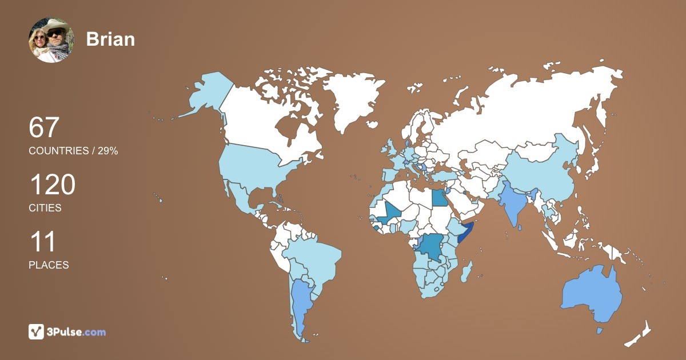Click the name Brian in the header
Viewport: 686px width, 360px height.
pos(110,39)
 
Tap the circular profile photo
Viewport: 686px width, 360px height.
pos(51,40)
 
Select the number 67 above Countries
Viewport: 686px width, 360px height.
pos(44,127)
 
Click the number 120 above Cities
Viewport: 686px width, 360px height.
pos(52,186)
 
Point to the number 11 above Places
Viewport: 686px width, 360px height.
pos(43,242)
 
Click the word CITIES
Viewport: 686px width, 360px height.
pos(45,208)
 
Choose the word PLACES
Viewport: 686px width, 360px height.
pos(49,265)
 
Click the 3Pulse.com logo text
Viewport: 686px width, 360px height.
pos(77,332)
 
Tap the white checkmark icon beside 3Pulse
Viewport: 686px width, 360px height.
pos(37,332)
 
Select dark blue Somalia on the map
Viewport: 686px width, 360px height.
pos(465,235)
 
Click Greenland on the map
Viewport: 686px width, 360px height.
pos(349,97)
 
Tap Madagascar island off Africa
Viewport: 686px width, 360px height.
pos(467,268)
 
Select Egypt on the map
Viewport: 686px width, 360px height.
pos(439,198)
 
